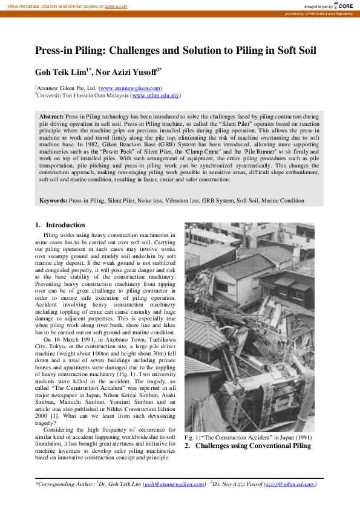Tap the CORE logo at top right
coord(345,5)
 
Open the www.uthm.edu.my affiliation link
coord(155,96)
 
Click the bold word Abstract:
coord(51,115)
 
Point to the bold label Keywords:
coord(53,200)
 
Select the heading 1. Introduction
coord(60,225)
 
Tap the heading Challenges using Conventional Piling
coord(253,446)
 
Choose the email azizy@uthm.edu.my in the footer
coord(293,484)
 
